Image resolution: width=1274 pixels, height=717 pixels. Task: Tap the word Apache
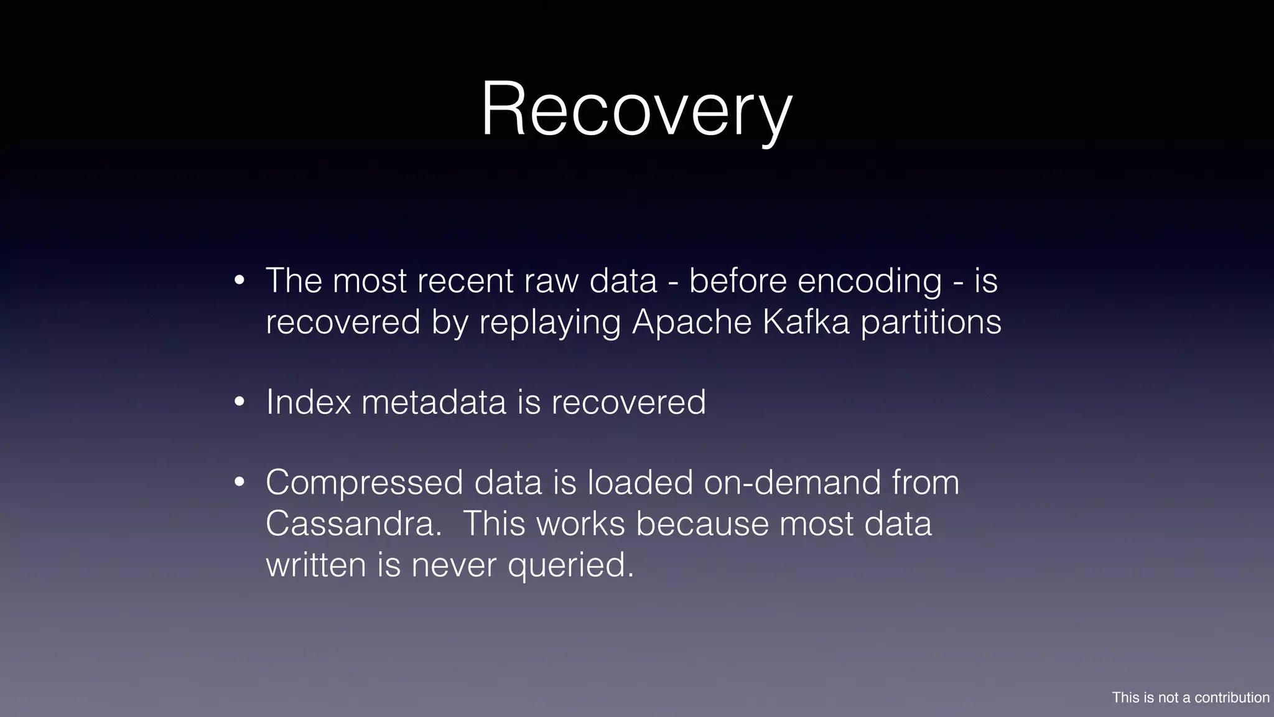point(692,322)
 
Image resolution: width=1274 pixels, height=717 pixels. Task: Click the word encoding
point(869,281)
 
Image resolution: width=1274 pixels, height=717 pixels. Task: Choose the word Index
point(309,402)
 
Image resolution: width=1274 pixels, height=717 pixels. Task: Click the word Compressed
point(365,483)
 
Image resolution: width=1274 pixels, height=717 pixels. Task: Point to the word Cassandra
point(353,523)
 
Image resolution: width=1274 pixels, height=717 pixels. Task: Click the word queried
point(570,565)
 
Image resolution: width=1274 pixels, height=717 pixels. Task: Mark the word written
point(316,565)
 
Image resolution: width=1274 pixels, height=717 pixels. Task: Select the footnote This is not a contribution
point(1191,698)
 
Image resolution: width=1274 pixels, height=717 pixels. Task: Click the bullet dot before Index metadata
point(240,403)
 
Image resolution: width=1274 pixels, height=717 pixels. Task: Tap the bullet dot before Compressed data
point(240,483)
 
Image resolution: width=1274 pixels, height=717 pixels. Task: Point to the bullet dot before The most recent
point(240,281)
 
